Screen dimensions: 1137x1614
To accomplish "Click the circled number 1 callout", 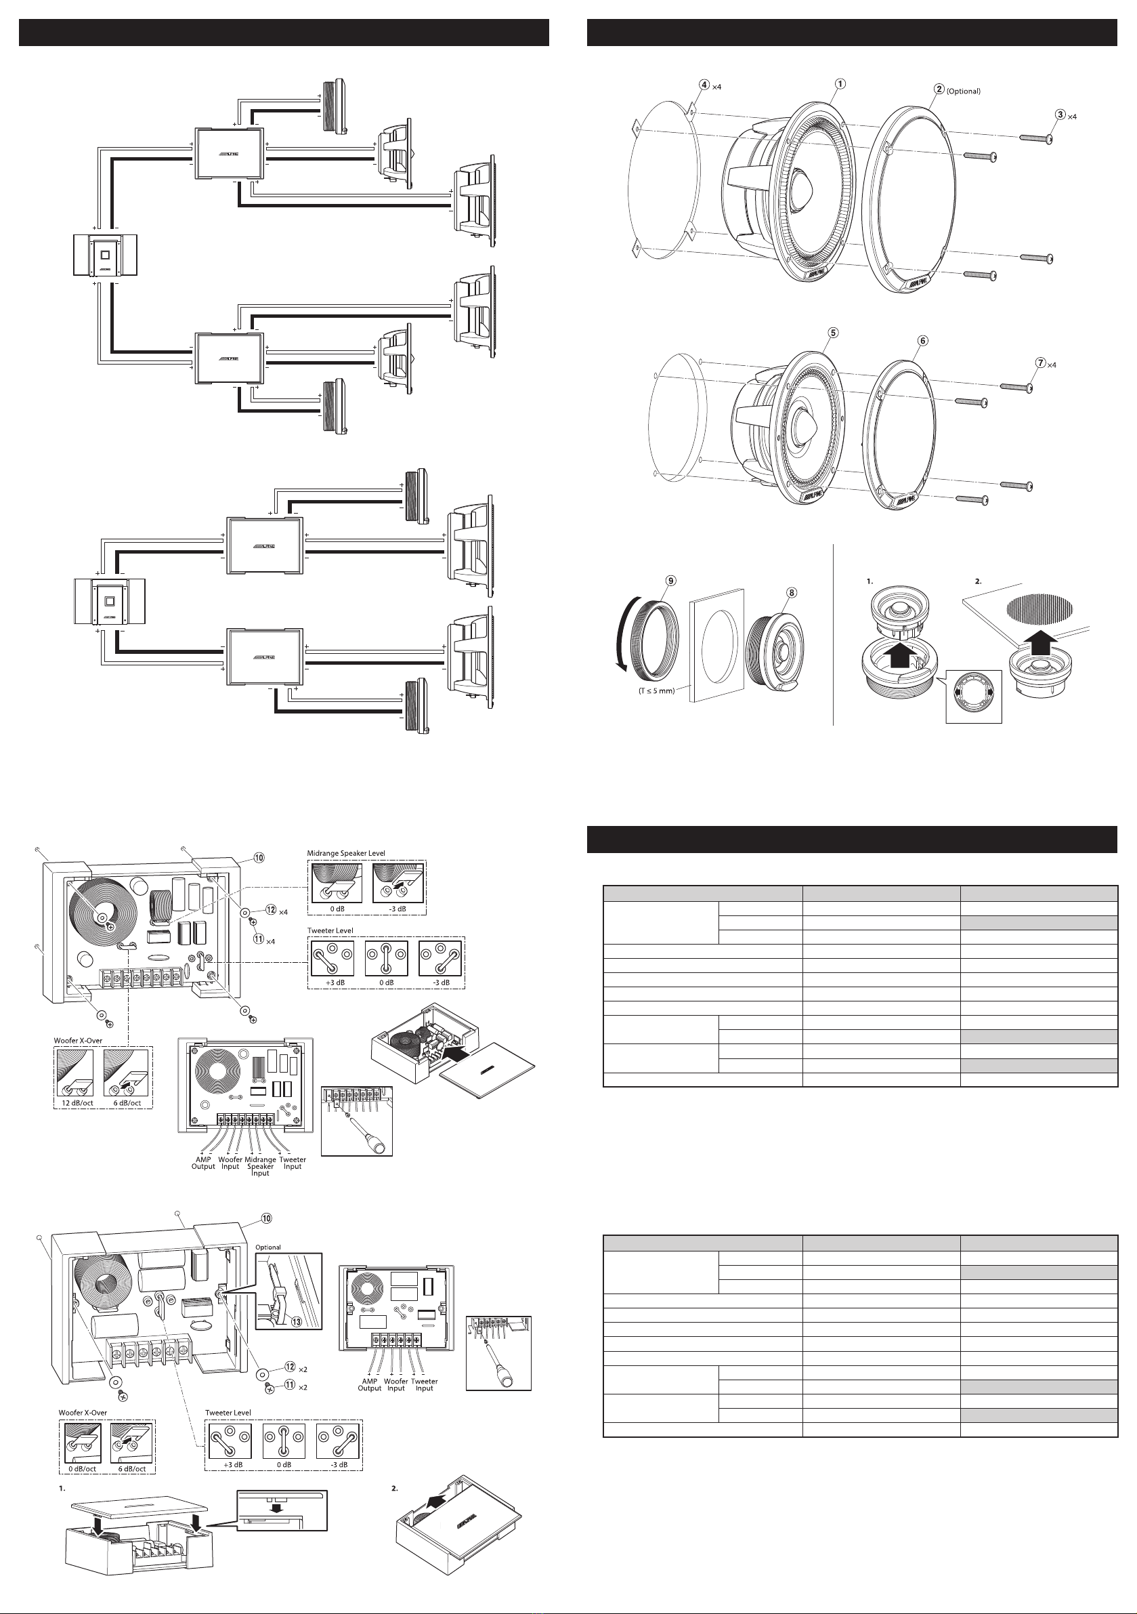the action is (x=839, y=83).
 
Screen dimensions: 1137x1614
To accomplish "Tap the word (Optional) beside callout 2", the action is (x=964, y=91).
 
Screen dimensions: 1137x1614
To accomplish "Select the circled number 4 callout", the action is (x=704, y=83).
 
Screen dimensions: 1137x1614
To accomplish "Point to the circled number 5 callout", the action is (x=833, y=333).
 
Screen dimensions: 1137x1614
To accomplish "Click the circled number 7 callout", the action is (x=1040, y=363).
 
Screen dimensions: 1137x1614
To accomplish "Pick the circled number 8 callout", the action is (x=792, y=592).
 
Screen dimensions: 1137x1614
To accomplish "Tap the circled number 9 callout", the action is (x=671, y=580).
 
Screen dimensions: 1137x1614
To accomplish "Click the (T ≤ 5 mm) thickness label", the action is (x=656, y=691).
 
